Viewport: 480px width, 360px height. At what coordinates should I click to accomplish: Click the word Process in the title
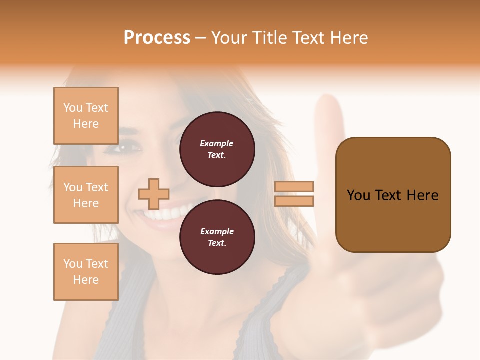157,38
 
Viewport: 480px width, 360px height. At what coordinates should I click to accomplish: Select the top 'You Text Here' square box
86,116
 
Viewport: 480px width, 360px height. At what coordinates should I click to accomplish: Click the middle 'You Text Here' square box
86,195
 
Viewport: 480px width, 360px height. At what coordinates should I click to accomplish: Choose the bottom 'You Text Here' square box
86,272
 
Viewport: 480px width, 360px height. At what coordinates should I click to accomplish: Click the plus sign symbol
154,194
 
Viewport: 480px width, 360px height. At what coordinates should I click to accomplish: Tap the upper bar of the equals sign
294,187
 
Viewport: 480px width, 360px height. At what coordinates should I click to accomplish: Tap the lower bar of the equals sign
294,201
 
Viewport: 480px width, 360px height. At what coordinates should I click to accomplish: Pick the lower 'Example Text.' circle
217,237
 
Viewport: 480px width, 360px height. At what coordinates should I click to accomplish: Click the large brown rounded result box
393,195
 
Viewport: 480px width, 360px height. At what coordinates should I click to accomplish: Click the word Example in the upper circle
217,143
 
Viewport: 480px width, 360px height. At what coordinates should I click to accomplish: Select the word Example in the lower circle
217,231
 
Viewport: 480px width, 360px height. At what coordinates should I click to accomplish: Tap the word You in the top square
73,108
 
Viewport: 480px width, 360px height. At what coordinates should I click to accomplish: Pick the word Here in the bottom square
86,280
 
